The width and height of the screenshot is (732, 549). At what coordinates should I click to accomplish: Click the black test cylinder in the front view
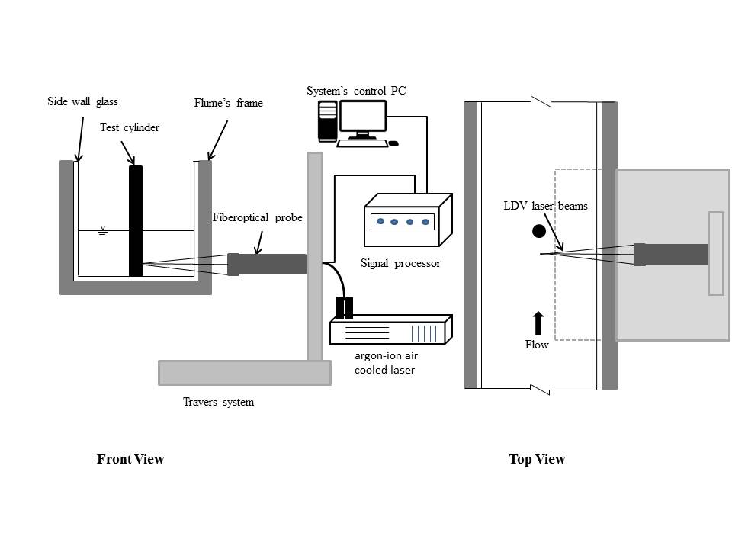(x=136, y=221)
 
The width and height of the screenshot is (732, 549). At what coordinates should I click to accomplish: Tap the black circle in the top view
(x=539, y=231)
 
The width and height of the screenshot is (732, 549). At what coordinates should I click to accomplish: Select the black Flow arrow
(x=538, y=323)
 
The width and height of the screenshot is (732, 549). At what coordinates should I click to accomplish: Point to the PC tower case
(x=328, y=121)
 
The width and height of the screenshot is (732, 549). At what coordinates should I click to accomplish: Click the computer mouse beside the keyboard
(x=393, y=143)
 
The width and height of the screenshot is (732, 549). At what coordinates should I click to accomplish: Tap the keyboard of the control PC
(x=362, y=143)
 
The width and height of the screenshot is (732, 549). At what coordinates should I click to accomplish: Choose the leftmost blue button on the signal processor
(x=380, y=221)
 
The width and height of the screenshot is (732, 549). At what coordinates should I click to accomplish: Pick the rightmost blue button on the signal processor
(x=425, y=222)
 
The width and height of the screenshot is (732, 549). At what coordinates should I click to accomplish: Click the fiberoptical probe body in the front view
(x=267, y=265)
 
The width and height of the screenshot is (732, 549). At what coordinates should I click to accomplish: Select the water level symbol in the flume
(x=103, y=230)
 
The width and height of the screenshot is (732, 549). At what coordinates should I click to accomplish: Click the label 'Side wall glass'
(x=82, y=101)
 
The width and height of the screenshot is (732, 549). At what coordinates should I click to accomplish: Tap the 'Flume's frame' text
(x=228, y=103)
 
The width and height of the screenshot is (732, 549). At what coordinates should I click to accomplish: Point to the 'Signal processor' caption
(x=400, y=263)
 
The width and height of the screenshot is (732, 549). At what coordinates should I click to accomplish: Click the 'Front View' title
(x=130, y=459)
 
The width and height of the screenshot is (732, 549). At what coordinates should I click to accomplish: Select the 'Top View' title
(x=537, y=459)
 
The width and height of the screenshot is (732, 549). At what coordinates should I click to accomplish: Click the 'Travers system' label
(x=219, y=402)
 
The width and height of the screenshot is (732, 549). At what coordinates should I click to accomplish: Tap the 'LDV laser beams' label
(x=545, y=206)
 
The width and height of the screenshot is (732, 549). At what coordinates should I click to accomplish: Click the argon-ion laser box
(x=391, y=329)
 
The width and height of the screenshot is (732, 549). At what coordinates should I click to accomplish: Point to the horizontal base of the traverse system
(x=245, y=373)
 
